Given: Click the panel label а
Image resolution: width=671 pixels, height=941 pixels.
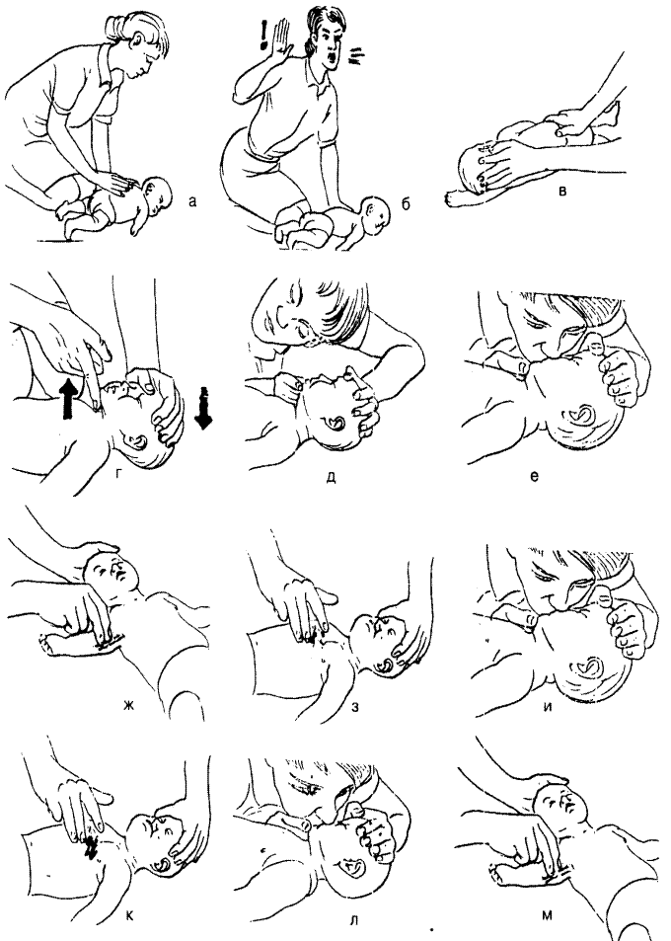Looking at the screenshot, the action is tap(191, 202).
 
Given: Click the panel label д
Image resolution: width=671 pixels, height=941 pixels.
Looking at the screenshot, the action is tap(331, 478).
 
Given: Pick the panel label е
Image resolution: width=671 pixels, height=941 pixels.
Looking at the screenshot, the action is tap(535, 477).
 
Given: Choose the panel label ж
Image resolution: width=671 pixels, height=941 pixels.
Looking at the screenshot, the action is tap(127, 705).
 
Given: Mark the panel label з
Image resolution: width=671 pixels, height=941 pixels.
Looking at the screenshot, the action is tap(355, 706).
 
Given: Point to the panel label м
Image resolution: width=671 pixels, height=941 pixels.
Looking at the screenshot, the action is tap(547, 915).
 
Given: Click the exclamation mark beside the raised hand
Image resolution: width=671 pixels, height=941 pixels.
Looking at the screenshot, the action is tap(262, 35).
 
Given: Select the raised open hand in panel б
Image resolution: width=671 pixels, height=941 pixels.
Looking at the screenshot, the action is tap(281, 39).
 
